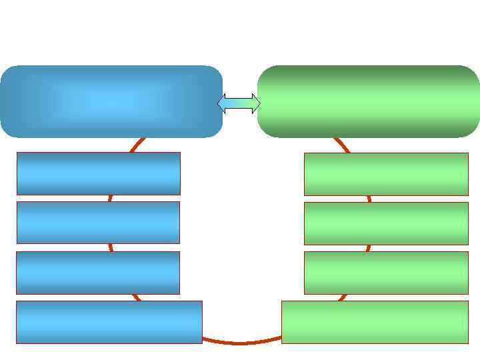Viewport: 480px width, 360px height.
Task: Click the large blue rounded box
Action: pos(111,101)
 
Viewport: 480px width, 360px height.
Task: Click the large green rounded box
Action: pos(369,101)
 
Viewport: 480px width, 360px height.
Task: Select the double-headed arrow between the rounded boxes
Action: pos(239,103)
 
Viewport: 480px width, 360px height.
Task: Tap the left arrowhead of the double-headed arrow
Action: pos(222,103)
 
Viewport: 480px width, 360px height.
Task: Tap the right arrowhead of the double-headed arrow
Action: pos(256,103)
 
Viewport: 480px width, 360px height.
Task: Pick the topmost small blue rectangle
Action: pos(98,173)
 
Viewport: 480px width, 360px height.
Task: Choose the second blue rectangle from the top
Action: pos(98,222)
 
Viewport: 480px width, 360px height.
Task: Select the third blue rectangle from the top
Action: pos(98,272)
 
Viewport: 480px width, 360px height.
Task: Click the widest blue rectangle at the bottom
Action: pos(109,321)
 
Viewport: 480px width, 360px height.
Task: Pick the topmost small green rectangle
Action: pos(386,173)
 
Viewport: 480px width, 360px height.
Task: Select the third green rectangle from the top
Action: pos(386,272)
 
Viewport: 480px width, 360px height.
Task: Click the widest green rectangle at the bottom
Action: pos(375,321)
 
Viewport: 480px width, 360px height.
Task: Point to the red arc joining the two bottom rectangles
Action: pos(240,343)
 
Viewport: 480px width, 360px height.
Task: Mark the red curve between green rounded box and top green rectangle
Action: pos(341,145)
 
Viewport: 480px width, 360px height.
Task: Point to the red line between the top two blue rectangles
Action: pos(109,198)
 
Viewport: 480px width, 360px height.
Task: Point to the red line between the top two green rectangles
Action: pos(369,198)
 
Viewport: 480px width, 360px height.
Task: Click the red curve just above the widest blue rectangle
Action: pos(136,297)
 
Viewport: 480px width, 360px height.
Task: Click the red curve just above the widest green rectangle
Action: pos(343,297)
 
